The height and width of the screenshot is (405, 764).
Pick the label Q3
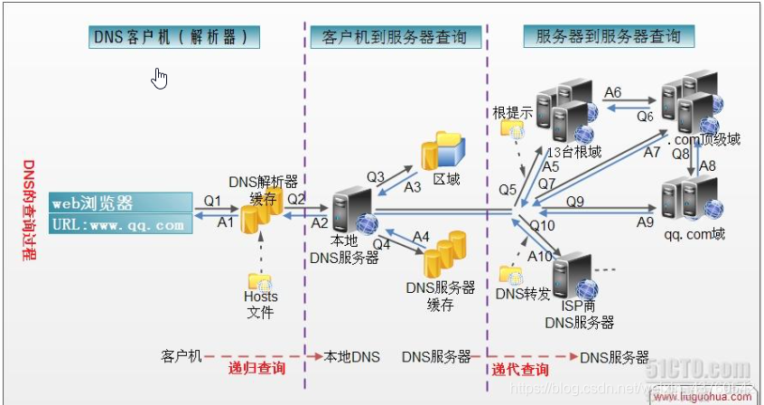click(x=376, y=175)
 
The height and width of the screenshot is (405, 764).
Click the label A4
click(x=421, y=236)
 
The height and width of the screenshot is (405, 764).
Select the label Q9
click(x=575, y=202)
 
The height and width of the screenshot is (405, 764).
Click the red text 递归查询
click(x=257, y=368)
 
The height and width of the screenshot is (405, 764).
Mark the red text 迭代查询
click(x=519, y=369)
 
